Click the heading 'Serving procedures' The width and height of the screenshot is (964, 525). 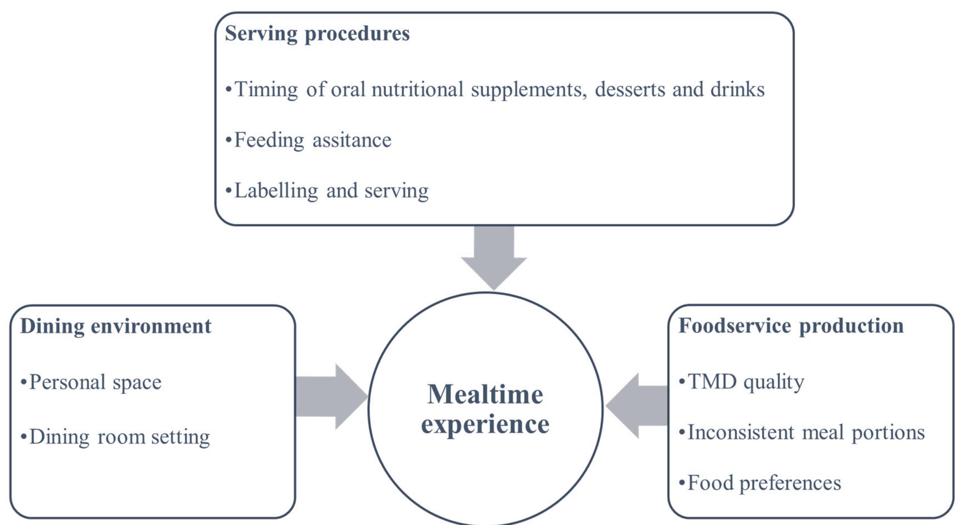[317, 34]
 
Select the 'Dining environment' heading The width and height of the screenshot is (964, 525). [116, 326]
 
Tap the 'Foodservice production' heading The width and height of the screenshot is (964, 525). [791, 326]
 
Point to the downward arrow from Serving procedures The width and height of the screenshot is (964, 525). [494, 258]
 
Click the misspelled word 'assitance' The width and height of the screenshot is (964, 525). [352, 140]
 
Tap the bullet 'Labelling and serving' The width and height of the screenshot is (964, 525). [331, 191]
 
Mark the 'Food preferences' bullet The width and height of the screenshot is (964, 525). [764, 483]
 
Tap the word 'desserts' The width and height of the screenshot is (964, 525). [630, 90]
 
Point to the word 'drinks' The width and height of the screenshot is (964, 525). [737, 90]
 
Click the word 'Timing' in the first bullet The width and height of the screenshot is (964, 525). [266, 90]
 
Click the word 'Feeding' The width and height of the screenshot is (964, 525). [269, 140]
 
